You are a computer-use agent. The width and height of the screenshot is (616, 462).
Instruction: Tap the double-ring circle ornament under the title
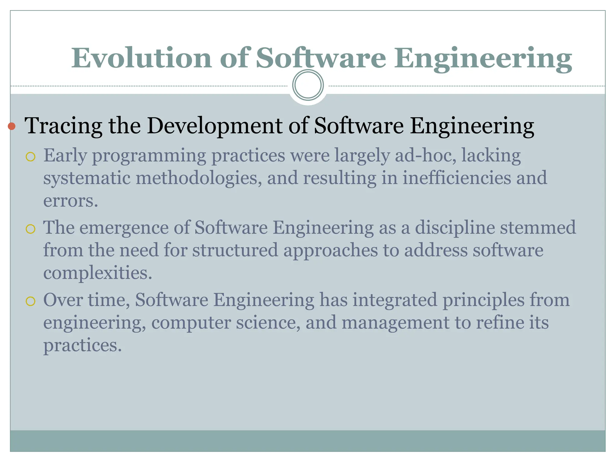point(308,85)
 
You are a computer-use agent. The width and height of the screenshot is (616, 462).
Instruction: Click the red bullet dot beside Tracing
point(12,126)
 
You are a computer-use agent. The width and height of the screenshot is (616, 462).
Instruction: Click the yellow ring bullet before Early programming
point(31,157)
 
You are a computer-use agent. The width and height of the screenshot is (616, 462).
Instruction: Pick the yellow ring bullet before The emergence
point(31,229)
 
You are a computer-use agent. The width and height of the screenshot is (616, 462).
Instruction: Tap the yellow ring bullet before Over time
point(31,301)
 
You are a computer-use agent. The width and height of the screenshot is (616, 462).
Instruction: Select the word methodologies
point(198,178)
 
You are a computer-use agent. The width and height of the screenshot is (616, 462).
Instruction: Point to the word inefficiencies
point(457,178)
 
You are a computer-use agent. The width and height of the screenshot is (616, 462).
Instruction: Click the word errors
point(71,201)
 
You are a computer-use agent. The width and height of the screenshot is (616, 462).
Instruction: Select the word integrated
point(395,300)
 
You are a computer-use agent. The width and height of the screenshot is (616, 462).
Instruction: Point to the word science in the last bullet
point(268,322)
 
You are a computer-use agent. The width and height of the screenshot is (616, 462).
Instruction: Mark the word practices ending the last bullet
point(82,345)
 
